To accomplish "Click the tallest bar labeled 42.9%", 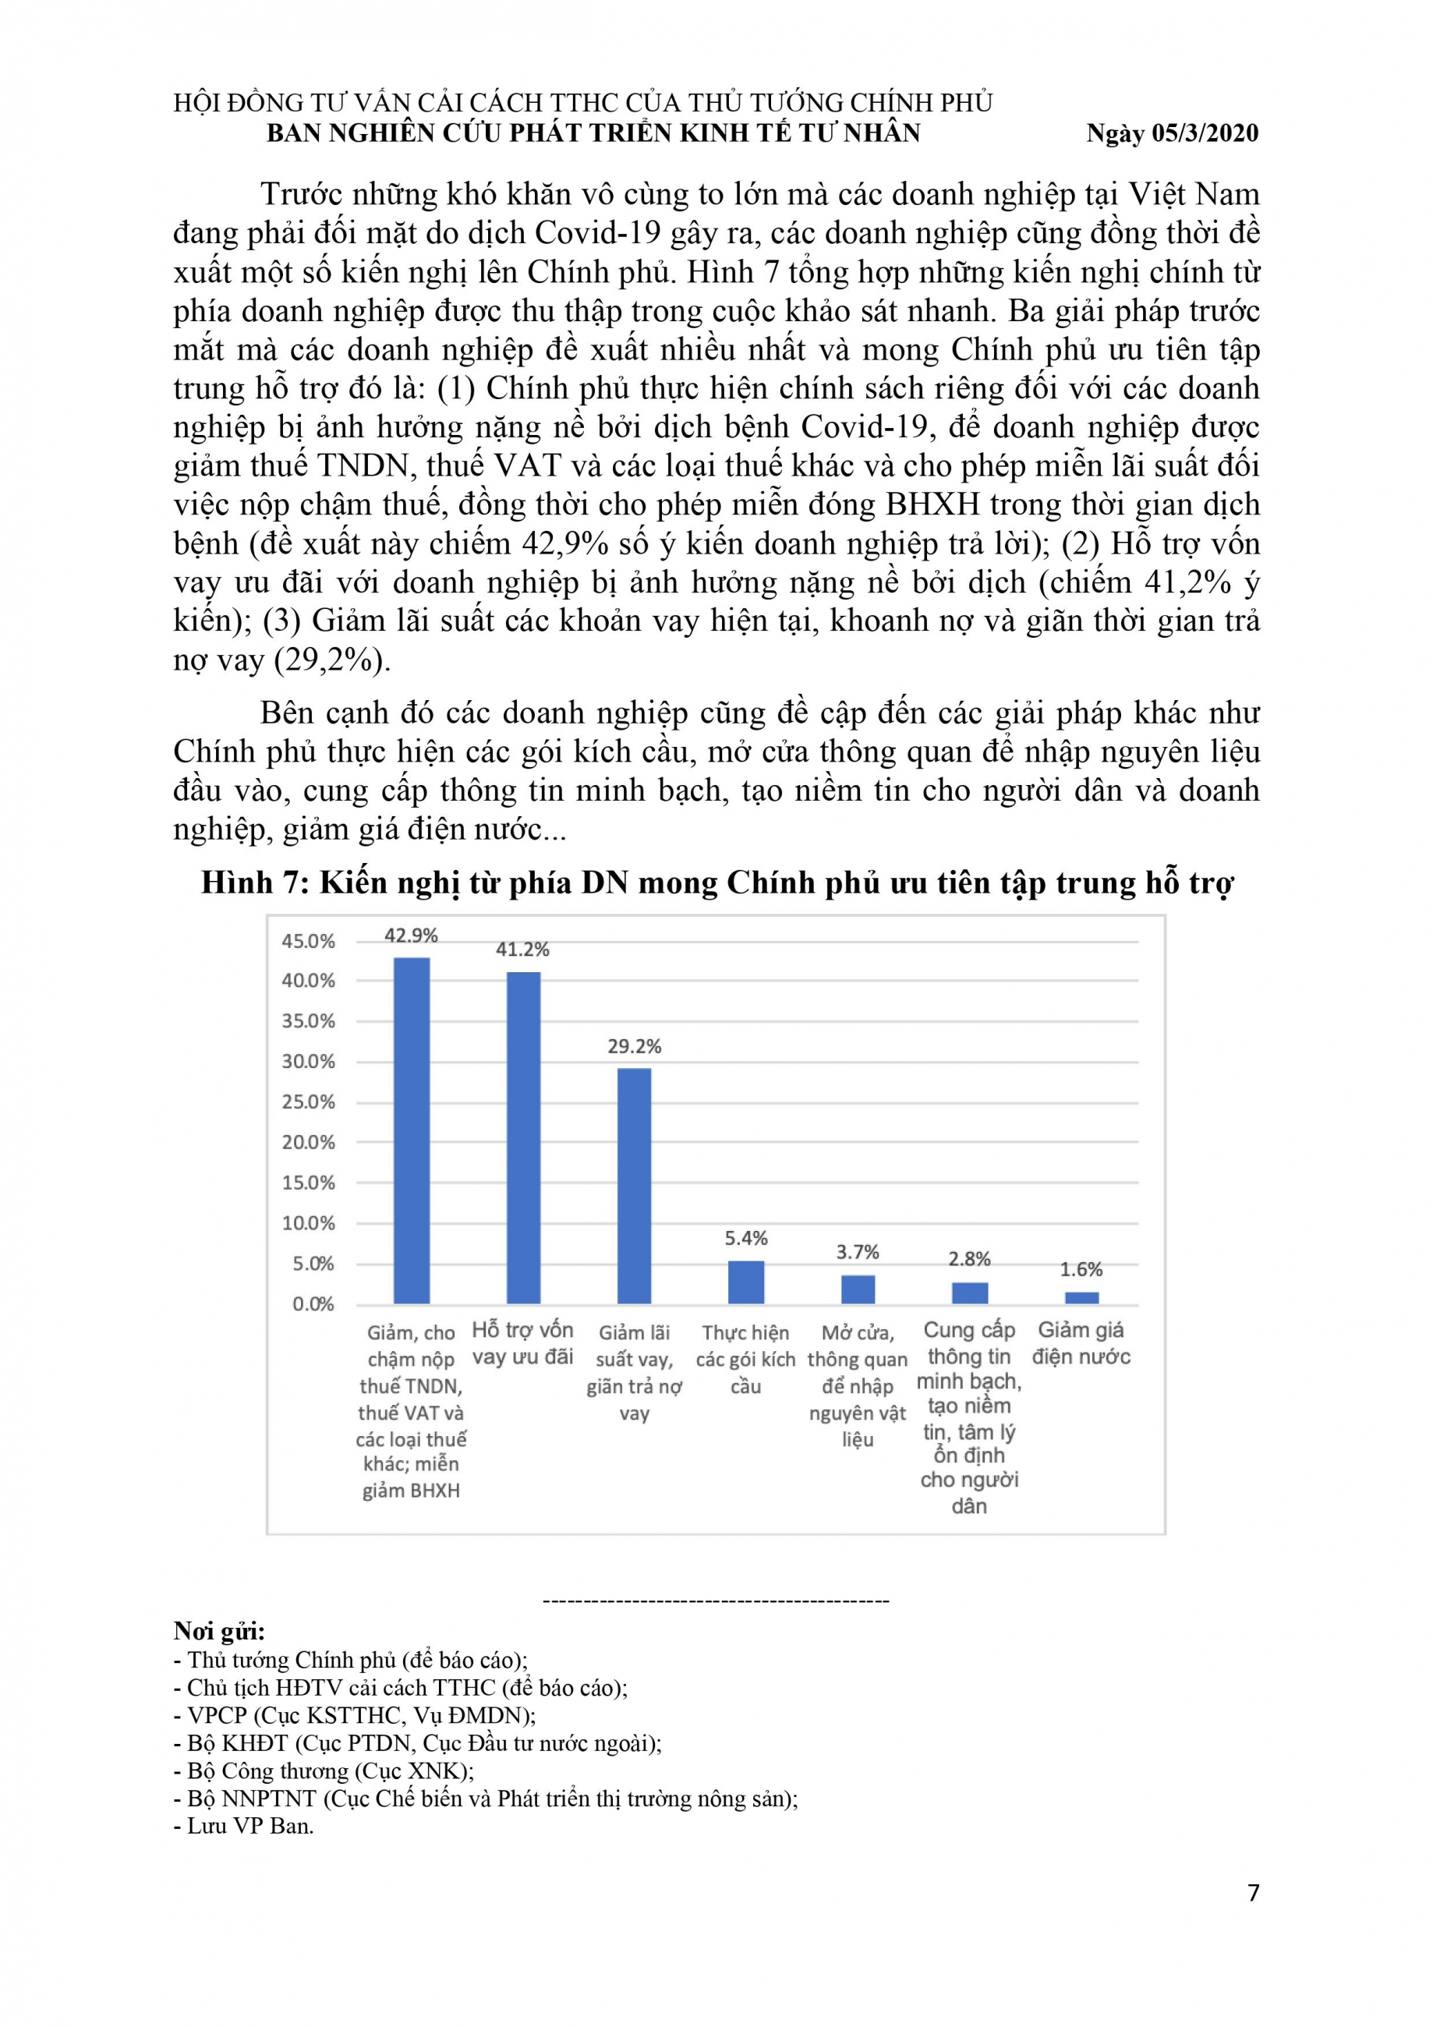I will point(411,1129).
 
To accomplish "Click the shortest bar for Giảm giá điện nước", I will point(1081,1297).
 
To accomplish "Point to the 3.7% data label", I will point(858,1252).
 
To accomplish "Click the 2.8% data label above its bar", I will point(968,1259).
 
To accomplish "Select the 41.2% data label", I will point(522,949).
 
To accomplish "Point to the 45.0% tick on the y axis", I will point(308,941).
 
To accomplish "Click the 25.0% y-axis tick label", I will point(308,1102).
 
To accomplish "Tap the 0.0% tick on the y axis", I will point(313,1304).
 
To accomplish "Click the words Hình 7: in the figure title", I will point(253,882).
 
